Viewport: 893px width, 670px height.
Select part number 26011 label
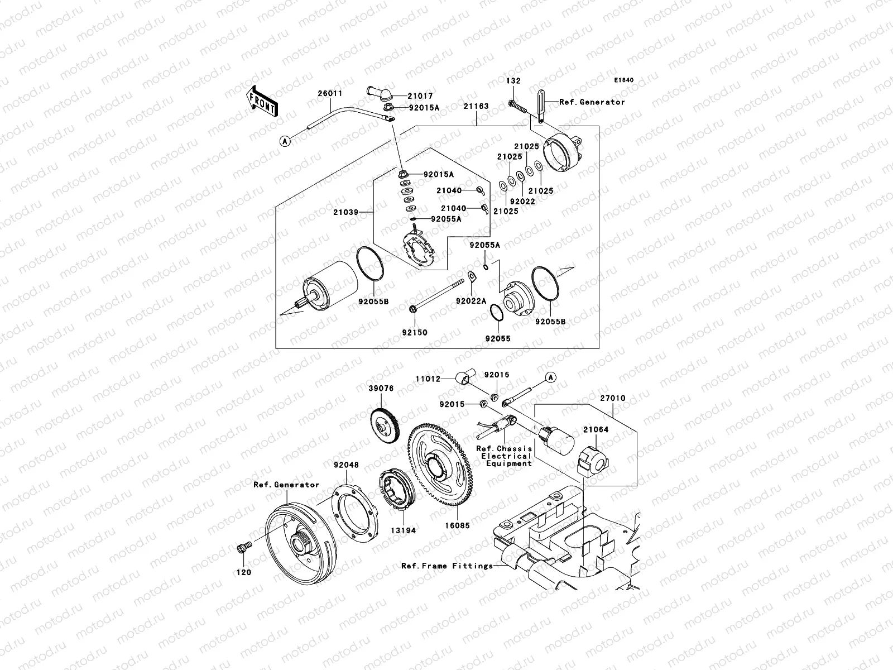(330, 93)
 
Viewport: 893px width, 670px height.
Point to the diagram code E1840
(624, 80)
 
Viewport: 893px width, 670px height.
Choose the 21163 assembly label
(475, 106)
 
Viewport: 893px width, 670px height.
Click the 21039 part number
(345, 212)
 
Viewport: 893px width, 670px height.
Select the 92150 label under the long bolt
(414, 332)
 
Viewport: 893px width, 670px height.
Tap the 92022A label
(470, 301)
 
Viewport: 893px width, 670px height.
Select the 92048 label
(346, 465)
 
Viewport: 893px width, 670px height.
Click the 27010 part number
(613, 399)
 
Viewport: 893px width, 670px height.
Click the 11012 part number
(428, 379)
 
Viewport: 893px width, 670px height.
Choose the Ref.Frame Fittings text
(447, 566)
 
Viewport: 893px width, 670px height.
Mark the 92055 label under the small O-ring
(497, 338)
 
